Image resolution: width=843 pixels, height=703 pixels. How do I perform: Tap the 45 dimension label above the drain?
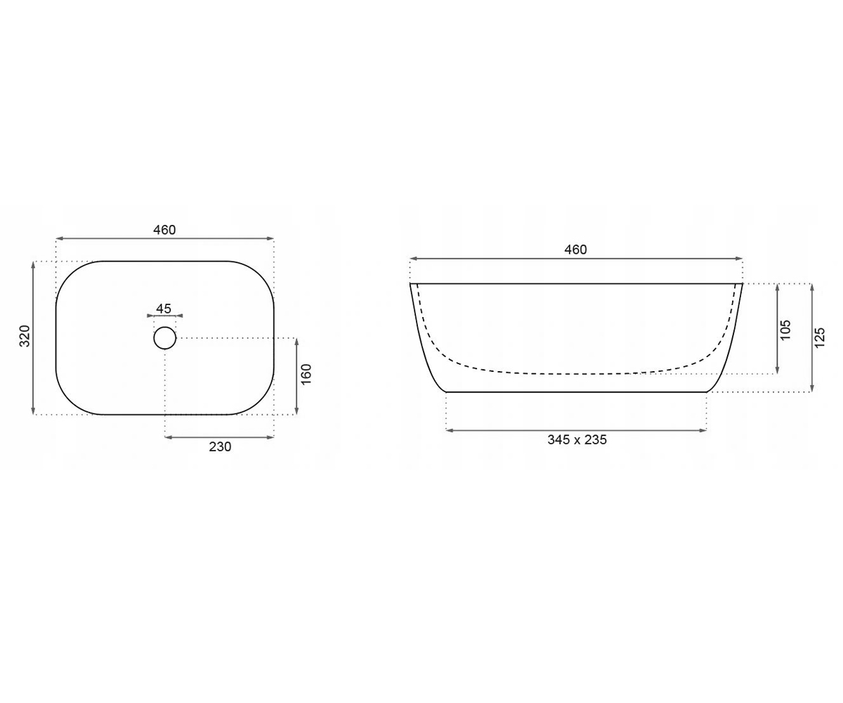pos(164,309)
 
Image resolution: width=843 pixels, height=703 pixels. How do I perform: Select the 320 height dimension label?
pos(25,336)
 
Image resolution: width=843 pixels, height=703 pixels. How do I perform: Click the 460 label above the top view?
pos(164,230)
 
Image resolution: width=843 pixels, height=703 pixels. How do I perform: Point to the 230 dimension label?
pos(220,447)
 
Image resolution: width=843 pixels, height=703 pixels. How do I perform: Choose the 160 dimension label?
pos(306,375)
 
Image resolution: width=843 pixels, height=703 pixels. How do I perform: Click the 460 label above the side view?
pos(575,250)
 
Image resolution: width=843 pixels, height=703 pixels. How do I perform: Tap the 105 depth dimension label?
pos(785,330)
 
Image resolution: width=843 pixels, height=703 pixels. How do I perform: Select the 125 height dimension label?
pos(820,337)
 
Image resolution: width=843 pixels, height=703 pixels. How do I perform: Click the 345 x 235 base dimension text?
pos(577,440)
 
